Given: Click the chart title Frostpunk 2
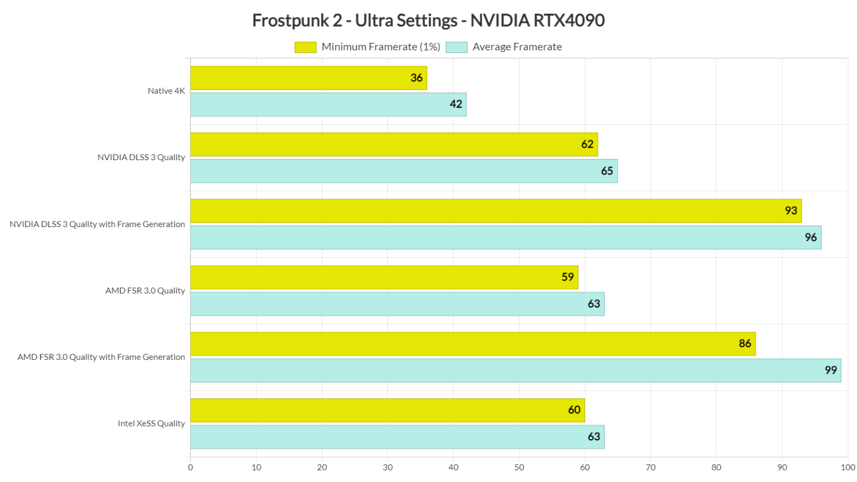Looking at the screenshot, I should [428, 21].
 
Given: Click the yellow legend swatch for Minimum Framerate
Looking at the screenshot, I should [305, 47].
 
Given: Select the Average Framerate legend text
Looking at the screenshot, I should [517, 47].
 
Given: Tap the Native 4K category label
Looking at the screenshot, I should [166, 91].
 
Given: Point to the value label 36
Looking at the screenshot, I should [416, 78].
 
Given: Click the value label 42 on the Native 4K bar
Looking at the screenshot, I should [456, 104].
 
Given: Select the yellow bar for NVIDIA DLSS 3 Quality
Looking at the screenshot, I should [393, 144].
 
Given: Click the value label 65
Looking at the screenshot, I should [607, 171].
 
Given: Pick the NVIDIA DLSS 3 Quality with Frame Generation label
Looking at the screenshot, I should [97, 224].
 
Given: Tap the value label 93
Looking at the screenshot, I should [791, 211].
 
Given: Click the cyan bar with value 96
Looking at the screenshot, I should [505, 238].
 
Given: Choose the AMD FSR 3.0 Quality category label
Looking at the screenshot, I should [145, 291].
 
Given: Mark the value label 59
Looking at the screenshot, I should [567, 277].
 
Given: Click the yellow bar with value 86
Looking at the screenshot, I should [472, 344].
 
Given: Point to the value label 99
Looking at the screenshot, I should [830, 370].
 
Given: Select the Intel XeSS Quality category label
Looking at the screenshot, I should [151, 423].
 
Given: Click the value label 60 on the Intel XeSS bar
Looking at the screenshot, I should [574, 410].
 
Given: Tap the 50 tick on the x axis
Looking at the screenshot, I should [519, 467].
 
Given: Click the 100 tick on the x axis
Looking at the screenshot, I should [848, 467].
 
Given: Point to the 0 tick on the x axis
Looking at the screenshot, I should [190, 467].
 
